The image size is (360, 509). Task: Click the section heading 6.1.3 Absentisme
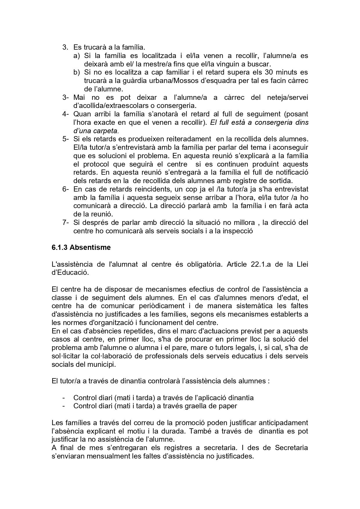click(x=81, y=248)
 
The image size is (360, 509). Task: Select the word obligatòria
click(x=202, y=264)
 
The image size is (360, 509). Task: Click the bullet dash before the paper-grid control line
click(x=64, y=406)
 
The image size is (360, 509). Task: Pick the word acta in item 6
click(x=302, y=206)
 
